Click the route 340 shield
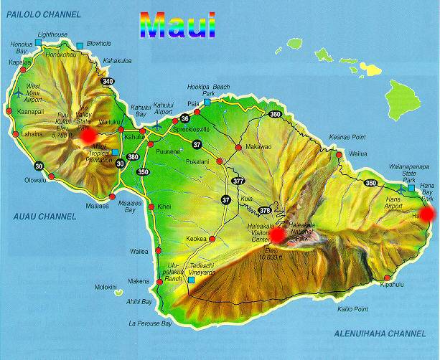(x=108, y=81)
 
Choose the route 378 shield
(x=264, y=210)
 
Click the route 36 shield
(x=184, y=118)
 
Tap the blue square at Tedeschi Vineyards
(x=191, y=280)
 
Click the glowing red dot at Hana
(x=427, y=213)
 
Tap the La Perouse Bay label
(x=150, y=323)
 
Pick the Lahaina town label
(x=34, y=133)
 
